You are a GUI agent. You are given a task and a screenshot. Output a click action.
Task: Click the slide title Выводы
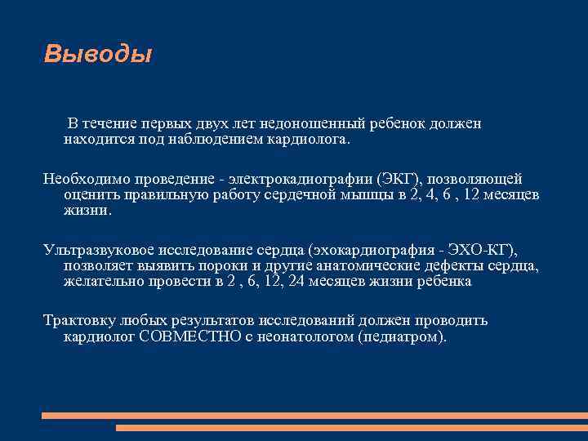click(x=97, y=55)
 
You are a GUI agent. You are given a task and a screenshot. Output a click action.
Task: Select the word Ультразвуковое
click(x=93, y=250)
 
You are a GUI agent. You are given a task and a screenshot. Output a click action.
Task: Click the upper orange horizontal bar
click(x=314, y=415)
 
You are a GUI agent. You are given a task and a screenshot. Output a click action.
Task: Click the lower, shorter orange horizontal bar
click(x=351, y=427)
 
